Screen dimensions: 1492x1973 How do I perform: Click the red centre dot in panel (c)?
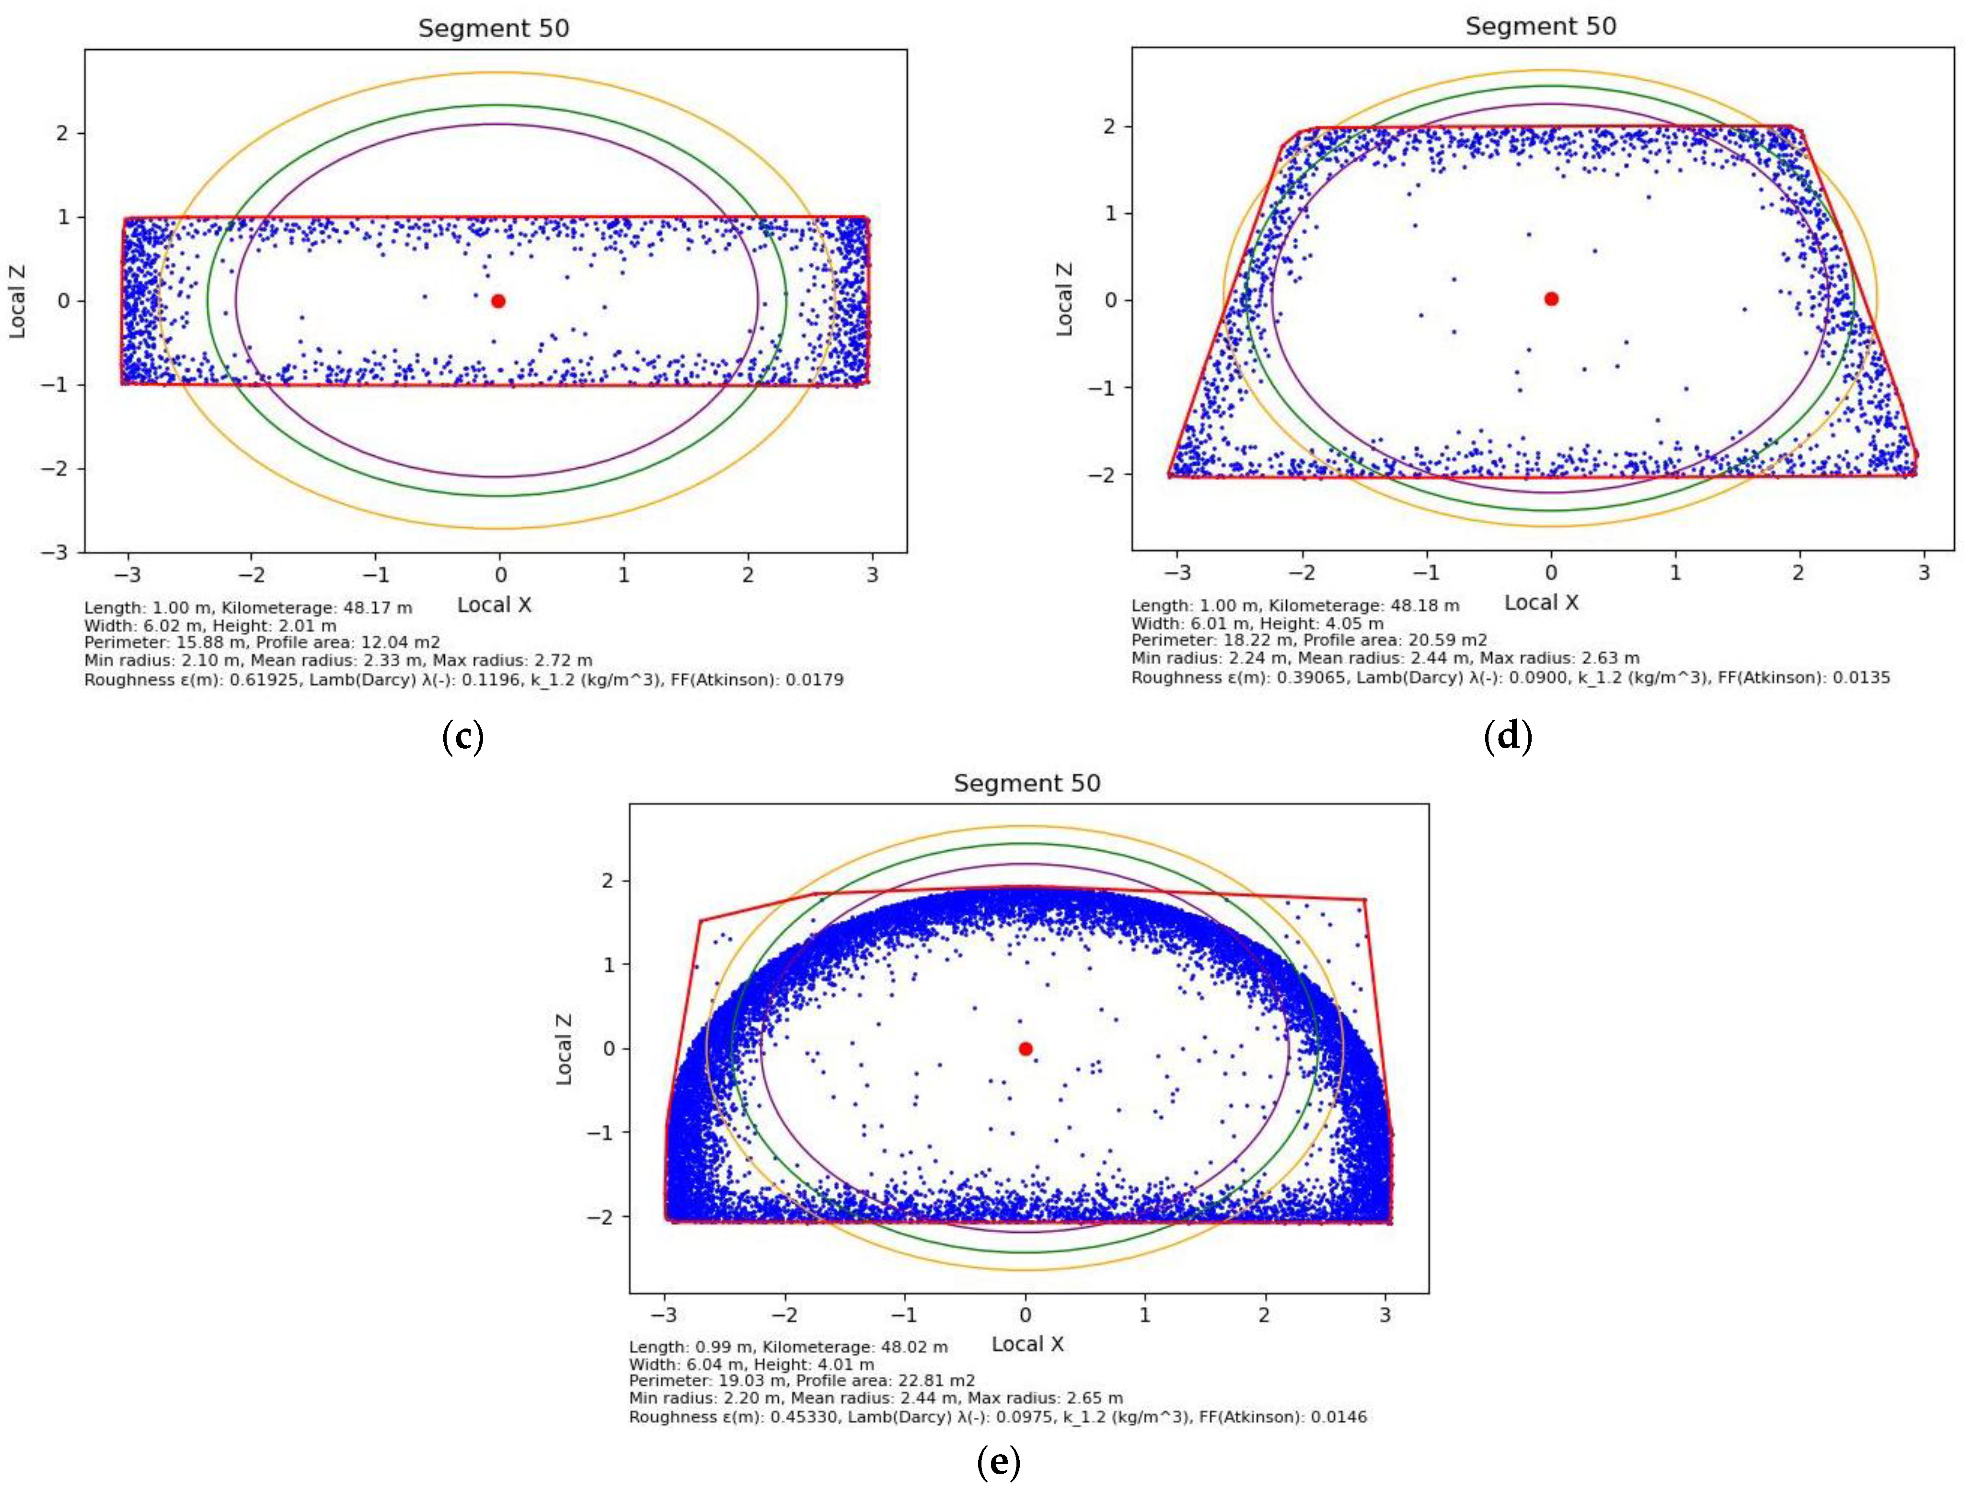click(x=498, y=301)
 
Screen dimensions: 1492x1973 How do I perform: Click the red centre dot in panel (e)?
click(x=1026, y=1049)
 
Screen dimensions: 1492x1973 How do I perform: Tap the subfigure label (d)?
click(x=1507, y=737)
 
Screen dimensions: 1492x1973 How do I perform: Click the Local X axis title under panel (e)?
click(x=1027, y=1344)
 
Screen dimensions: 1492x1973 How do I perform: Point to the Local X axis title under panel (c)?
click(x=494, y=605)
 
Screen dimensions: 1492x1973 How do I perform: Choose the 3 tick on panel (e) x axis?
click(x=1385, y=1315)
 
